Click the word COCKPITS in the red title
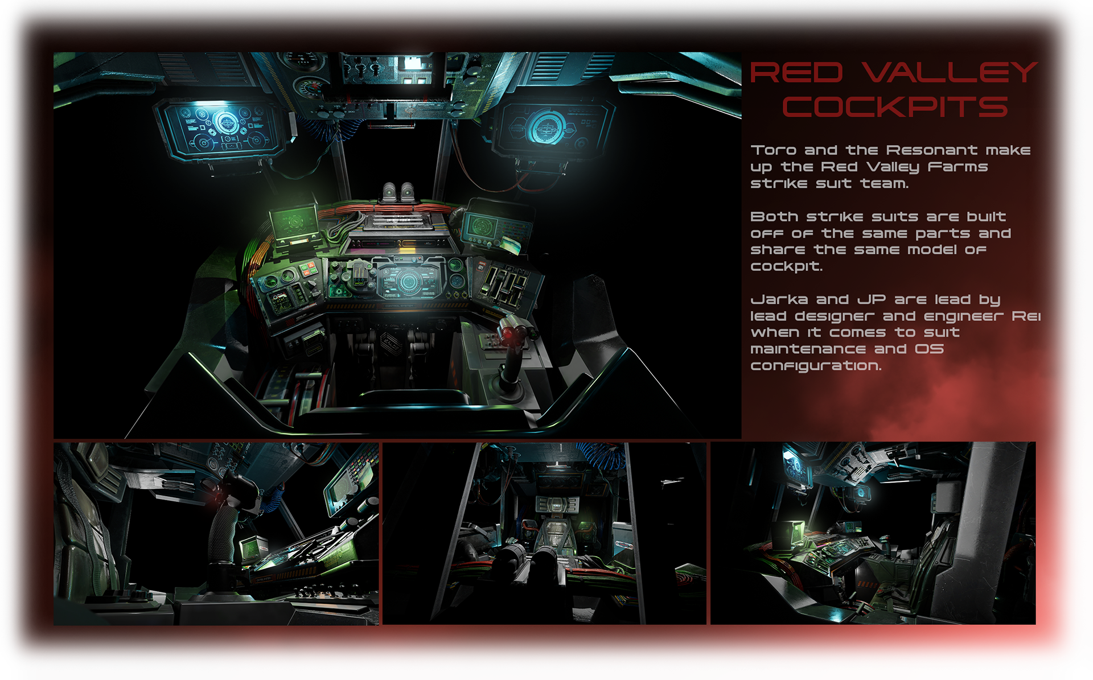pyautogui.click(x=895, y=107)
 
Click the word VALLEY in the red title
pyautogui.click(x=950, y=73)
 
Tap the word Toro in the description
pyautogui.click(x=773, y=150)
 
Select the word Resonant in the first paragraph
pyautogui.click(x=931, y=150)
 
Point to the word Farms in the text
pyautogui.click(x=958, y=167)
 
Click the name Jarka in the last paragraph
pyautogui.click(x=779, y=299)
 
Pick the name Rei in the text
pyautogui.click(x=1026, y=316)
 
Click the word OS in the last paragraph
pyautogui.click(x=929, y=349)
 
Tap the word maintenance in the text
pyautogui.click(x=808, y=349)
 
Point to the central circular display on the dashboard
pyautogui.click(x=408, y=281)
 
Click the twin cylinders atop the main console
pyautogui.click(x=398, y=192)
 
